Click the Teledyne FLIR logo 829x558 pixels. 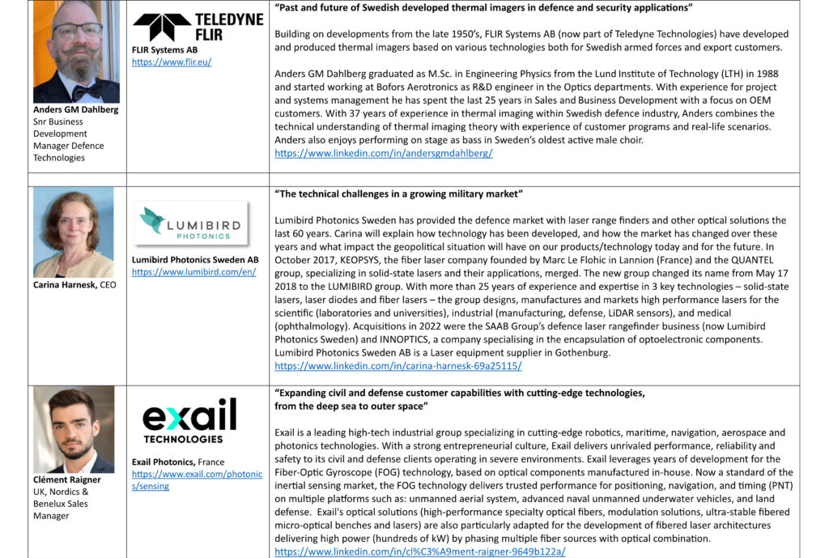click(198, 27)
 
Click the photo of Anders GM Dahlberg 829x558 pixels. click(76, 51)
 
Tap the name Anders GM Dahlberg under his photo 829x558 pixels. click(75, 109)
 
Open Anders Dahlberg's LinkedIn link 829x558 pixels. click(383, 153)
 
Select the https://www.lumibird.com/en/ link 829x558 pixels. click(193, 272)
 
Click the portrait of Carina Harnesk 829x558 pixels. click(74, 232)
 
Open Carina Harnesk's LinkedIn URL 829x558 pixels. click(397, 366)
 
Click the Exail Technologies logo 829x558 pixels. click(189, 420)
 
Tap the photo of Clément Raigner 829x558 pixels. click(74, 429)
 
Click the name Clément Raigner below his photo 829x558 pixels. click(66, 479)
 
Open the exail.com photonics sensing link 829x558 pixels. click(197, 479)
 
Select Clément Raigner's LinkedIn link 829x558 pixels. click(419, 552)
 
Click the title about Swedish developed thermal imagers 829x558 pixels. click(484, 8)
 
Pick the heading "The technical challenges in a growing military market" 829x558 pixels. click(398, 194)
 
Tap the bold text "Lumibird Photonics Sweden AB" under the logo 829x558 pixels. click(195, 260)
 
